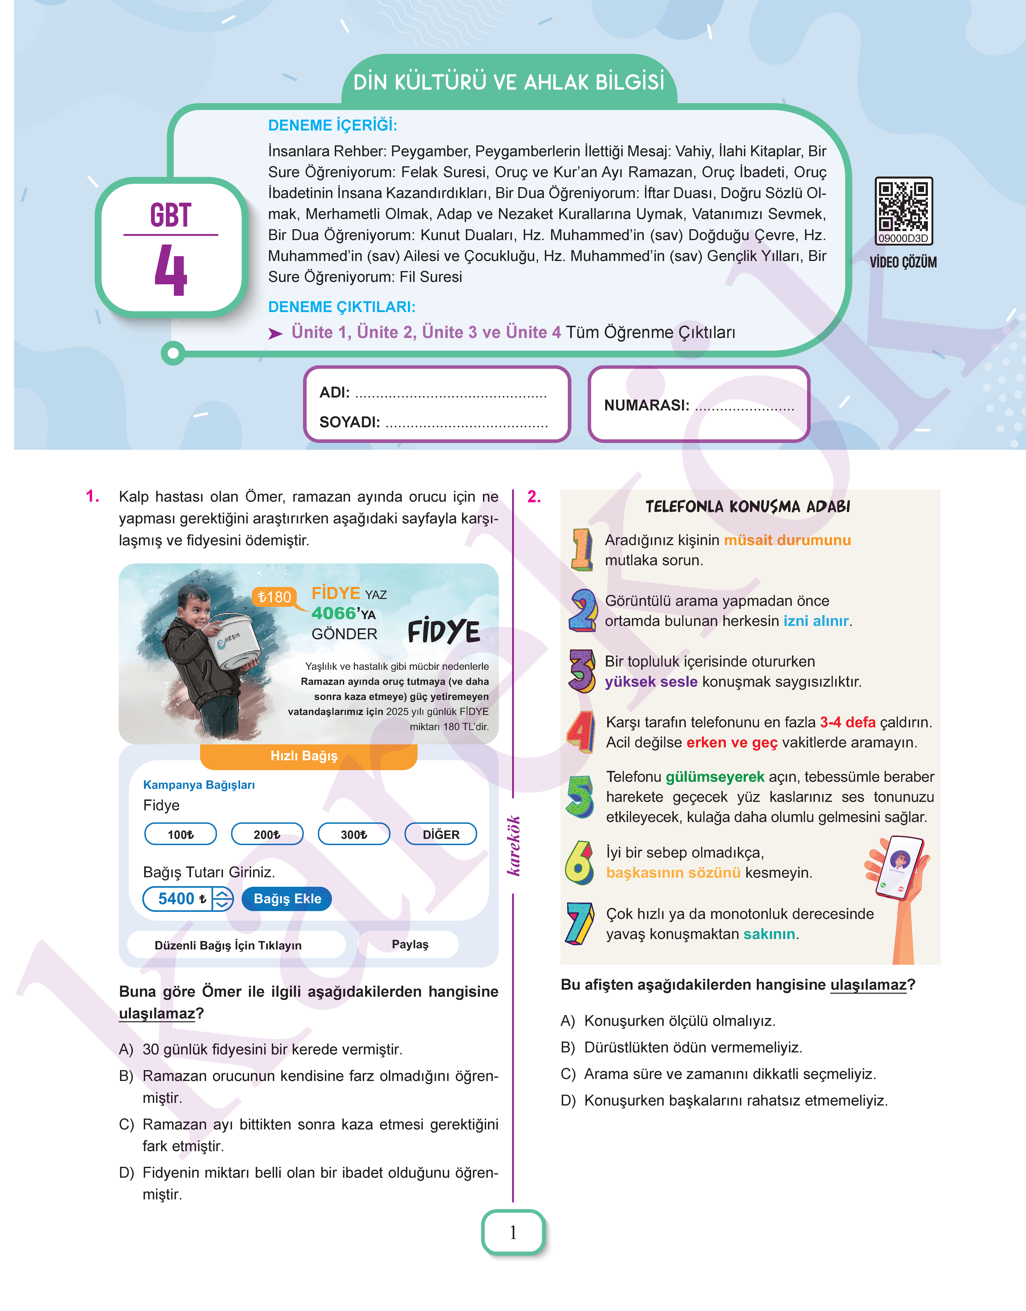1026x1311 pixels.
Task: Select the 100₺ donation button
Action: (x=180, y=834)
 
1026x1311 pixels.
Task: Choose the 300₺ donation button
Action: (x=354, y=834)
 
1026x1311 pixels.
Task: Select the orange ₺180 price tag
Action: (x=274, y=597)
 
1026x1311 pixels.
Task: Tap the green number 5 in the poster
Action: (x=580, y=796)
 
